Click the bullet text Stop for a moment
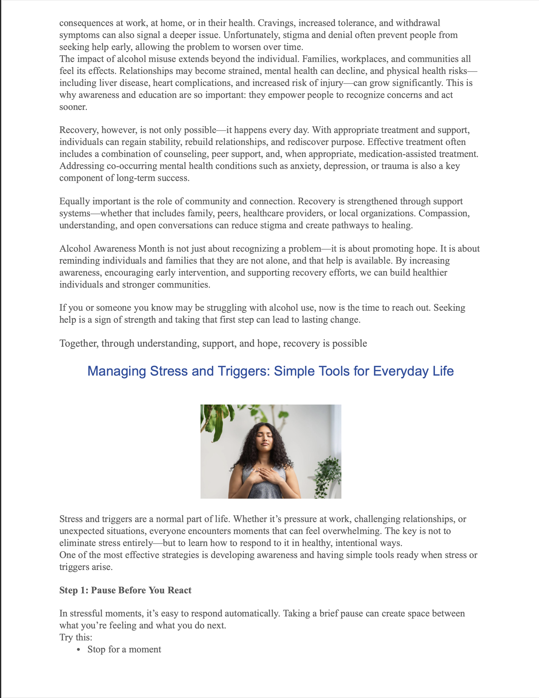pyautogui.click(x=124, y=649)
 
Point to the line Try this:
pyautogui.click(x=76, y=637)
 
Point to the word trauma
pyautogui.click(x=394, y=166)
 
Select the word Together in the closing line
pyautogui.click(x=79, y=343)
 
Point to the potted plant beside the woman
pyautogui.click(x=328, y=476)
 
